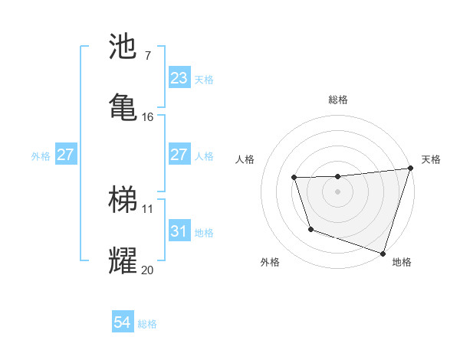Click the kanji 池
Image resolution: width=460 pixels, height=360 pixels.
(x=123, y=47)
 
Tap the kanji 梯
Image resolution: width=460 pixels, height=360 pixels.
(x=123, y=200)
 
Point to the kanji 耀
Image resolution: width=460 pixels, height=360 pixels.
(x=123, y=260)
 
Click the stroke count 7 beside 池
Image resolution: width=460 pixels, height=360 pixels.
(x=147, y=56)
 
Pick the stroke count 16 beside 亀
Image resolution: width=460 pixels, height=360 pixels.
(x=148, y=117)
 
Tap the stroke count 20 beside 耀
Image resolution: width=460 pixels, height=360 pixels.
(x=148, y=270)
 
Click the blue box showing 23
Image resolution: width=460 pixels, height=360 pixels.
(x=179, y=78)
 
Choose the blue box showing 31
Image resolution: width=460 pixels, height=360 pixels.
(x=179, y=231)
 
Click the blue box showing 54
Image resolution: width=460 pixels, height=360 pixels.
(x=123, y=322)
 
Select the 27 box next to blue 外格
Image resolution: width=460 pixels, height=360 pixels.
(x=65, y=155)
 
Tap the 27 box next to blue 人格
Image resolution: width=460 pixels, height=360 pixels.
(x=179, y=155)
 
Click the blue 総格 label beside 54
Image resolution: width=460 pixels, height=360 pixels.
(x=148, y=324)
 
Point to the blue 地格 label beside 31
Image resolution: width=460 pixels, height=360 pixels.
(x=205, y=232)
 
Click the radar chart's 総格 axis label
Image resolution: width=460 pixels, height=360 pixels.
(x=337, y=100)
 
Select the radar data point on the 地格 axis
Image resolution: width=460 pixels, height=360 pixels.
(x=383, y=253)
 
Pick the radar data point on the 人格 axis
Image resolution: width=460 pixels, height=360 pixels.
(x=294, y=178)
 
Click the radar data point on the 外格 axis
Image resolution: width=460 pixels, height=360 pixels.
(x=310, y=229)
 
